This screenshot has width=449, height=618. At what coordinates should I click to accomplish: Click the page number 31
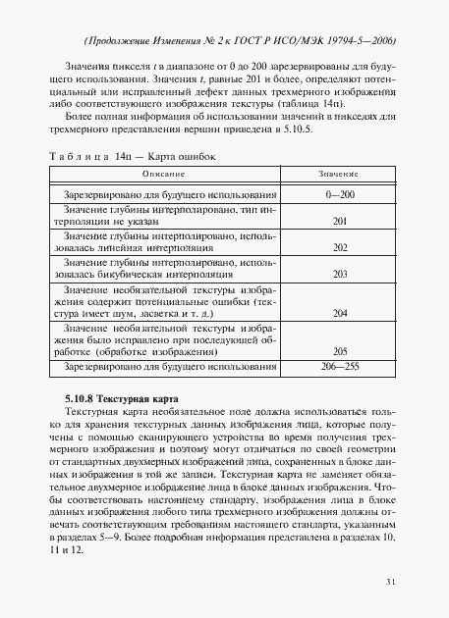coord(390,583)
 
